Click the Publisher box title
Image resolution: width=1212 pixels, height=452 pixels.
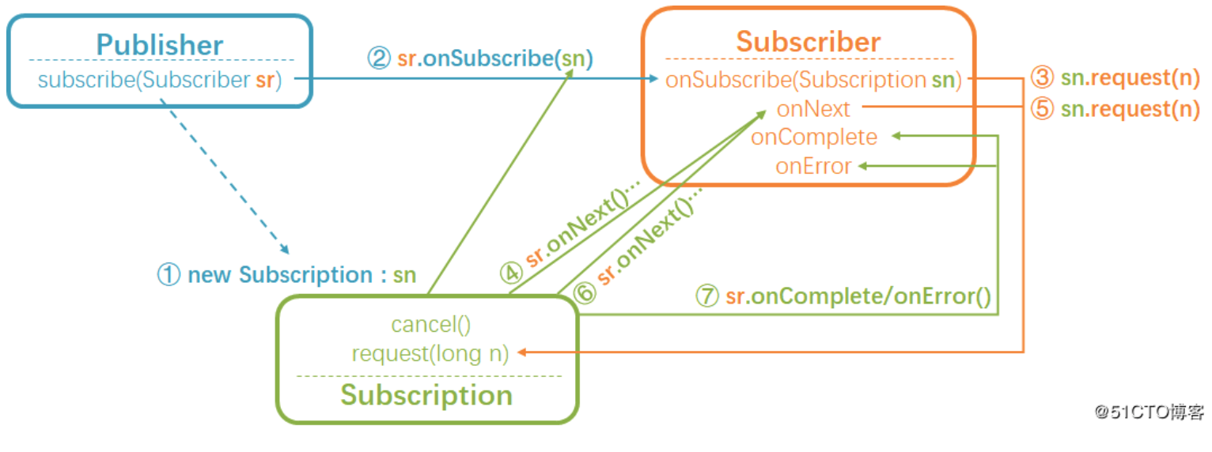pyautogui.click(x=160, y=44)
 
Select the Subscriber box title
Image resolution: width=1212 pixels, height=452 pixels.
pyautogui.click(x=808, y=41)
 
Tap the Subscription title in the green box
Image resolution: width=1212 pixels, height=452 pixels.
pyautogui.click(x=426, y=394)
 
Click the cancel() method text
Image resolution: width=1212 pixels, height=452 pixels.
pyautogui.click(x=430, y=324)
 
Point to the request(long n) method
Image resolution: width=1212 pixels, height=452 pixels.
pyautogui.click(x=430, y=353)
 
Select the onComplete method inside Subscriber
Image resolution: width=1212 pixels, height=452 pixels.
pyautogui.click(x=814, y=137)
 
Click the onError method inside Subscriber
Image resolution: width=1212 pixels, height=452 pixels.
pyautogui.click(x=813, y=166)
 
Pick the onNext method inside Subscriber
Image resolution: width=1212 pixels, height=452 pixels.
pyautogui.click(x=813, y=108)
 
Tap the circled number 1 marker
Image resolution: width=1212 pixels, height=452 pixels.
pyautogui.click(x=169, y=275)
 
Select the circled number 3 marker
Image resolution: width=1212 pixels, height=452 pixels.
pyautogui.click(x=1042, y=78)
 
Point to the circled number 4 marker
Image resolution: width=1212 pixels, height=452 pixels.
pyautogui.click(x=511, y=272)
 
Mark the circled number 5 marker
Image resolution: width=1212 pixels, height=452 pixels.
pyautogui.click(x=1042, y=108)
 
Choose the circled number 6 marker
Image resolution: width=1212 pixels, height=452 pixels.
pyautogui.click(x=584, y=293)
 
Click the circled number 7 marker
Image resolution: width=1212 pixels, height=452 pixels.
pyautogui.click(x=706, y=296)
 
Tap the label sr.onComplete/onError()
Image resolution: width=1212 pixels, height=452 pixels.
pyautogui.click(x=858, y=296)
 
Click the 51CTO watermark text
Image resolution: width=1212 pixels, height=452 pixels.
pyautogui.click(x=1150, y=411)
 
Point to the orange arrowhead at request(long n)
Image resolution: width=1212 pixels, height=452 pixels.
pyautogui.click(x=522, y=352)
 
